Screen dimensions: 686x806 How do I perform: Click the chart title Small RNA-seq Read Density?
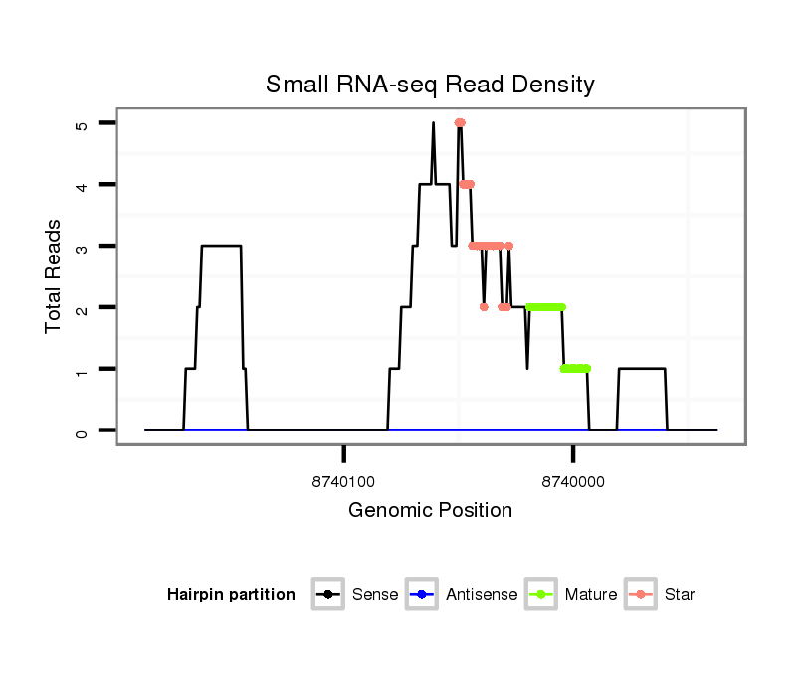click(x=430, y=85)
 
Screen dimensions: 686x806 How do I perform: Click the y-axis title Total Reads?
click(x=54, y=276)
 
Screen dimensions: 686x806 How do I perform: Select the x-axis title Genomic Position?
click(x=430, y=511)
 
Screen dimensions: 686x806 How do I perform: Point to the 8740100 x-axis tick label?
click(x=343, y=482)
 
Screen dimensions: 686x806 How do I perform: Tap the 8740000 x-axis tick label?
click(x=573, y=482)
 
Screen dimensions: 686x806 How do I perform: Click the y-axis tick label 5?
click(x=82, y=123)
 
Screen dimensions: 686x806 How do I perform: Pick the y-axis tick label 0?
click(x=82, y=430)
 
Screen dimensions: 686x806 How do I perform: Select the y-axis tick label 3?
click(x=82, y=246)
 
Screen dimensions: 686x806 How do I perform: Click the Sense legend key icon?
click(x=327, y=595)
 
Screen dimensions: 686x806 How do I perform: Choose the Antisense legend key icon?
click(x=422, y=595)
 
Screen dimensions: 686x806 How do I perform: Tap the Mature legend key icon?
click(x=540, y=595)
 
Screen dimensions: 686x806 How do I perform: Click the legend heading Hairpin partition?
click(x=231, y=595)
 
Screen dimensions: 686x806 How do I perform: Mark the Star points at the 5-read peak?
click(x=460, y=123)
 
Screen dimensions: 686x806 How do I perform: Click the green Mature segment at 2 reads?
click(x=545, y=307)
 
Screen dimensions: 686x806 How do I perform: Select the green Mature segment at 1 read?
click(x=575, y=369)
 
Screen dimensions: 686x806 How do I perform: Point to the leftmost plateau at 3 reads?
click(x=221, y=246)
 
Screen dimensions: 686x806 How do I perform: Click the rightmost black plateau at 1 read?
click(x=642, y=369)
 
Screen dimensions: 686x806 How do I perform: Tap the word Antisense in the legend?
click(x=482, y=595)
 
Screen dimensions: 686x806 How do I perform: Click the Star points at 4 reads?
click(x=467, y=184)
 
